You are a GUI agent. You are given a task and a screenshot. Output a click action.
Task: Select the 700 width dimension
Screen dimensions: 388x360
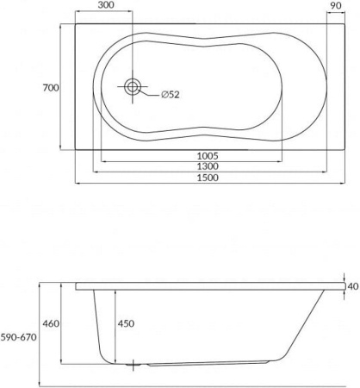[x=52, y=88]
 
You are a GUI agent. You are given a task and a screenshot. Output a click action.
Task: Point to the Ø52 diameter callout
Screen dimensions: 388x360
[x=170, y=96]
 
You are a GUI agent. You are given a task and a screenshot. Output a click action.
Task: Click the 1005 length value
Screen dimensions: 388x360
[x=207, y=156]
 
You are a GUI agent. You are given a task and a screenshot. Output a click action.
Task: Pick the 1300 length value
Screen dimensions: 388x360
[x=207, y=166]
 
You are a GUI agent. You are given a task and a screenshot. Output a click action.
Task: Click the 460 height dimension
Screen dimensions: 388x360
[x=52, y=323]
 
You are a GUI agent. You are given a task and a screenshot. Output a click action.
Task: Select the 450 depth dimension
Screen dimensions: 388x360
[x=127, y=323]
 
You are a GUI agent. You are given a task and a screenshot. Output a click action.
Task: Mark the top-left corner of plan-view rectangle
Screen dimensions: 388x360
[x=75, y=23]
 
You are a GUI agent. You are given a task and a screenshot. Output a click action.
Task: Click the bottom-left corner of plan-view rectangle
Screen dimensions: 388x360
[x=75, y=148]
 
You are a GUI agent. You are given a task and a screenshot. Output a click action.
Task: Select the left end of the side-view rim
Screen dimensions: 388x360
[x=77, y=285]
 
